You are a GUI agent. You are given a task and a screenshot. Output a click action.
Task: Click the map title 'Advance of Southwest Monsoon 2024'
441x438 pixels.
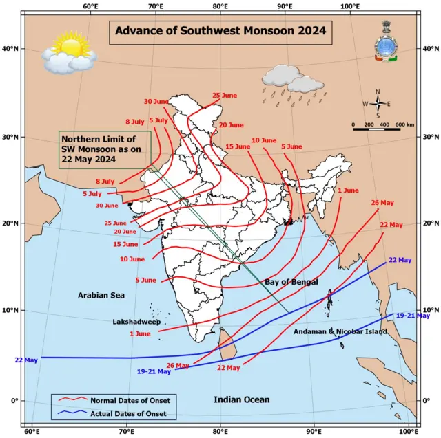[220, 31]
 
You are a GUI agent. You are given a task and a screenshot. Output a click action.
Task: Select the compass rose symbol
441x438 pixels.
[378, 105]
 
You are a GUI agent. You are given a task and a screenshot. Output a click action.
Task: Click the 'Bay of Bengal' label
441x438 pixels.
[291, 283]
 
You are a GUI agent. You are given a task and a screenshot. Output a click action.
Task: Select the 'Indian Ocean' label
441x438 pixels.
[241, 399]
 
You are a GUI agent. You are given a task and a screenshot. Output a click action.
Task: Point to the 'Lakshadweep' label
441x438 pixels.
[136, 321]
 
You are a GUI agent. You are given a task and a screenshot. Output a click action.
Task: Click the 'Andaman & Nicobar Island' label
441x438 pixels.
[340, 332]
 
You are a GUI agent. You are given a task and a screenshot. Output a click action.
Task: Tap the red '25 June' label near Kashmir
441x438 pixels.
[225, 96]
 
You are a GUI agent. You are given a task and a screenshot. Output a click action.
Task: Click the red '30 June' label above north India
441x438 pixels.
[156, 102]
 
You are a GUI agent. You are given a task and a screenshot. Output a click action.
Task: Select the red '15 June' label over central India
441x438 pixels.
[238, 146]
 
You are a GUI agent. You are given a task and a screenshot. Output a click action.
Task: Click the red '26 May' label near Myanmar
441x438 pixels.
[382, 203]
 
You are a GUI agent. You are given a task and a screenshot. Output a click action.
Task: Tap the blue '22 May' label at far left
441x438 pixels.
[26, 360]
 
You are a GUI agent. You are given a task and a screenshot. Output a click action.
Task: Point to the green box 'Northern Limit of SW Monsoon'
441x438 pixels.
[95, 149]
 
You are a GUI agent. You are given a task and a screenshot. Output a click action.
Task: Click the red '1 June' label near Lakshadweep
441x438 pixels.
[140, 333]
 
